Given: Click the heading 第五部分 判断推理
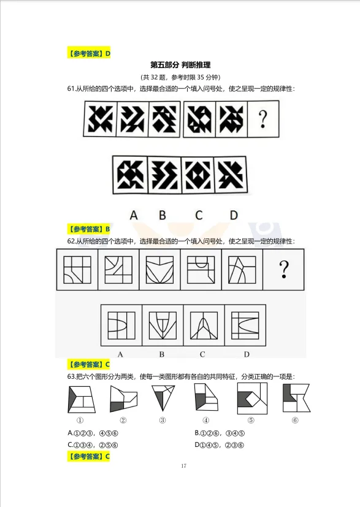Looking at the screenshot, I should (x=180, y=65).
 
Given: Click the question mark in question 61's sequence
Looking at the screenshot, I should (x=263, y=119).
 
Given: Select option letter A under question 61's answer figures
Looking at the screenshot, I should (x=134, y=215).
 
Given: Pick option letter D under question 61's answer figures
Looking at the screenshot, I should (x=234, y=215).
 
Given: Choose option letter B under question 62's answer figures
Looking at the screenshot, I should (x=162, y=354).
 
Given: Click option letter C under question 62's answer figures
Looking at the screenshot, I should (x=202, y=354).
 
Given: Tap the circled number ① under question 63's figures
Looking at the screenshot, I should (x=80, y=421).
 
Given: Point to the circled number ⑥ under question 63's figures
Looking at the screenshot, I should (x=295, y=421).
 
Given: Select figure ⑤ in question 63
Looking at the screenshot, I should (x=250, y=398).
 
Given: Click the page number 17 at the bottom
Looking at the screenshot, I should (x=183, y=467).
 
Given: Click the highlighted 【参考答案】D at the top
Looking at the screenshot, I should (x=90, y=53).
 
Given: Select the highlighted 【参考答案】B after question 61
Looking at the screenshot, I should (x=90, y=229).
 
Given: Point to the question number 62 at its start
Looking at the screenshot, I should (x=72, y=242).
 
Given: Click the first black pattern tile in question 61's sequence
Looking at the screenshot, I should (x=100, y=119).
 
